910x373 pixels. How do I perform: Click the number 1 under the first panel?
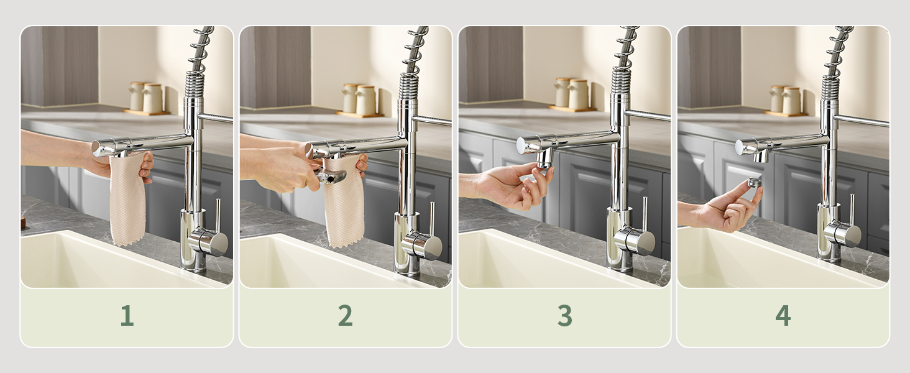pos(127,315)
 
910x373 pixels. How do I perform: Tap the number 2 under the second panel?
pos(346,315)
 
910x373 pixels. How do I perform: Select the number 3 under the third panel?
pos(564,315)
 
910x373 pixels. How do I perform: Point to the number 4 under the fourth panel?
pos(783,315)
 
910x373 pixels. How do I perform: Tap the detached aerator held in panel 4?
pos(755,182)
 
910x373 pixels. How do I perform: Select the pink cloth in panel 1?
pos(127,199)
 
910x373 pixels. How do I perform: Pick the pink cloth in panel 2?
pos(344,201)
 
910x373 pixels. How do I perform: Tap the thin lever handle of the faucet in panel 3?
pos(645,214)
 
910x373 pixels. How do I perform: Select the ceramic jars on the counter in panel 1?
pos(147,98)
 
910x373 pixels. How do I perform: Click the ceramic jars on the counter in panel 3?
pos(572,93)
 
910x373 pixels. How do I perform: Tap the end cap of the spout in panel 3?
pos(522,145)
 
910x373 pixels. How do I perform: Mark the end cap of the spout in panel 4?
pos(740,147)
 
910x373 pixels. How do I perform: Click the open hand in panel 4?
pos(727,207)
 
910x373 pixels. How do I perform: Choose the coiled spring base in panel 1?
pos(195,84)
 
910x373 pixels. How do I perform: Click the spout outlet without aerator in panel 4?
pos(761,156)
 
